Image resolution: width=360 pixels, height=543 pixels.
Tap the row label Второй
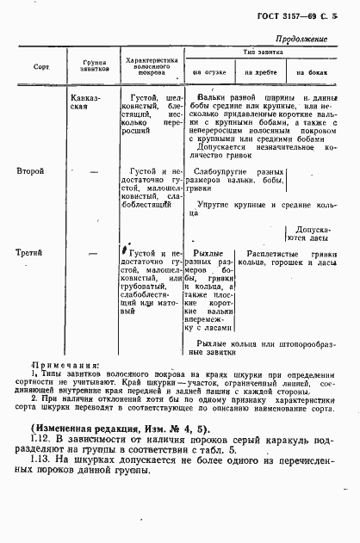coord(31,172)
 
